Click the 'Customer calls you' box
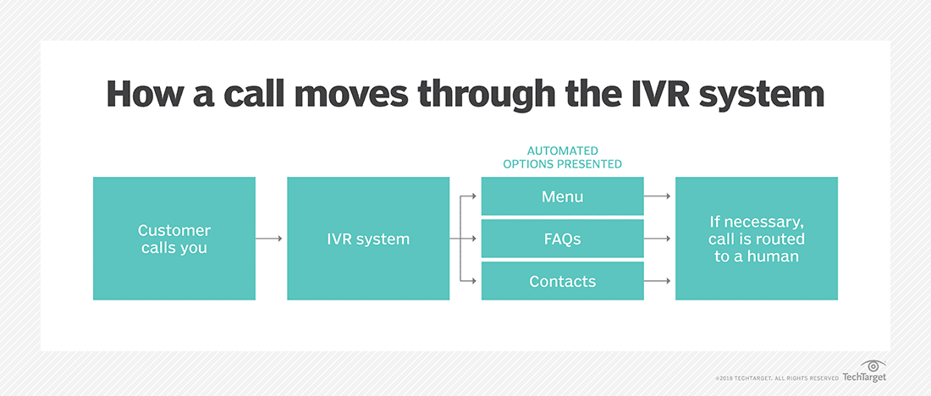coord(174,239)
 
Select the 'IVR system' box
coord(368,239)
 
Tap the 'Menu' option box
coord(562,196)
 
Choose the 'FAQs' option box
coord(562,239)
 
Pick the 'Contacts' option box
coord(562,281)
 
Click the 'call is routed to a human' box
coord(756,239)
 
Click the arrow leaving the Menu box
coord(658,196)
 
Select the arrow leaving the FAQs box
coord(658,239)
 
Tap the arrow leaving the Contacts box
coord(658,281)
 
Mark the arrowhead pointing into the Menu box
coord(475,196)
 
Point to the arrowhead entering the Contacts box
coord(475,281)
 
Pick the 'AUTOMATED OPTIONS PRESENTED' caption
coord(562,157)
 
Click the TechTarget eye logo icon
coord(872,366)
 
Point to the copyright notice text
coord(775,377)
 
